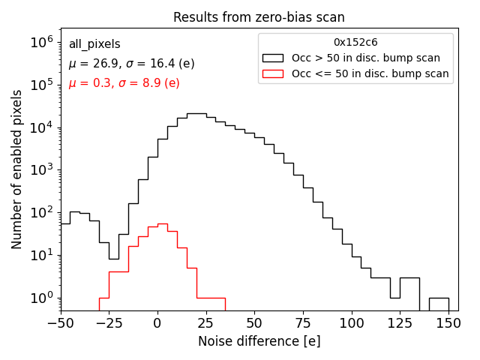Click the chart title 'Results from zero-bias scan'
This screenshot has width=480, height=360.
click(259, 17)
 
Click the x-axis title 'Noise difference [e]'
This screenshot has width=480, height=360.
click(259, 341)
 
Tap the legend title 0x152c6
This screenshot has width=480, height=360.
click(355, 43)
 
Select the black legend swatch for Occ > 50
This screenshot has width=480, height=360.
click(273, 58)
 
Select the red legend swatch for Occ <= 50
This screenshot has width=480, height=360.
click(273, 73)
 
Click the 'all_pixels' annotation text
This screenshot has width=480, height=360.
click(94, 44)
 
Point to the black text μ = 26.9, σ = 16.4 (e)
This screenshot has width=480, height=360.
click(131, 64)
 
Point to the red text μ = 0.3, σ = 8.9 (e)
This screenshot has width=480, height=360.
click(124, 83)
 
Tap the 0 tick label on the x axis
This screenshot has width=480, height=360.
click(157, 323)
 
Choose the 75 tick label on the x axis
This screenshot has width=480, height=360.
click(303, 323)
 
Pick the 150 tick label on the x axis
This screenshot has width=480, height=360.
click(448, 323)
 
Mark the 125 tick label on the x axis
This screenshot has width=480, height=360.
click(400, 323)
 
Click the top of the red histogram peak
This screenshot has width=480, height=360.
click(162, 223)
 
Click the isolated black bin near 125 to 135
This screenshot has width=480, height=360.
click(409, 278)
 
